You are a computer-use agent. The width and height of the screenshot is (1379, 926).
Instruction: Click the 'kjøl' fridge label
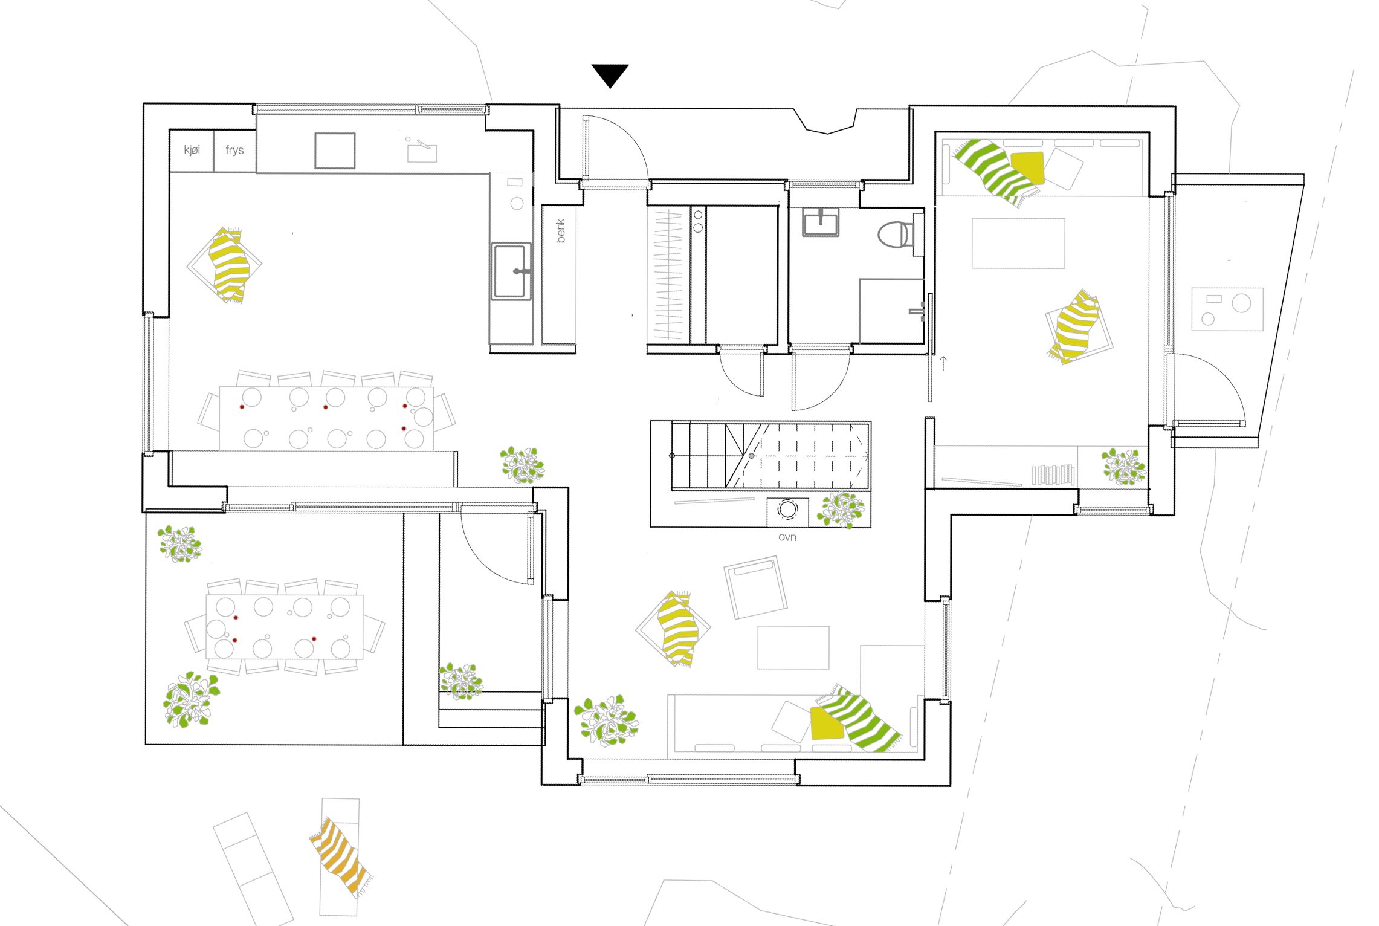pyautogui.click(x=192, y=150)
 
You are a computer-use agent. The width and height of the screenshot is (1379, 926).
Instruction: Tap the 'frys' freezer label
pyautogui.click(x=234, y=150)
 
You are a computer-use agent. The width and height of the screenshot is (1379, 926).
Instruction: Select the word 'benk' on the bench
pyautogui.click(x=561, y=230)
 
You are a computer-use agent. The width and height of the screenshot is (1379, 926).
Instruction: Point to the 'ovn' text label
pyautogui.click(x=787, y=537)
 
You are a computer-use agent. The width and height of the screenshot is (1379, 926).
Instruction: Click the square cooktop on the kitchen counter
pyautogui.click(x=334, y=151)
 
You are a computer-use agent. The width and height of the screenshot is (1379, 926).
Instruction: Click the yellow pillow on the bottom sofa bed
pyautogui.click(x=827, y=723)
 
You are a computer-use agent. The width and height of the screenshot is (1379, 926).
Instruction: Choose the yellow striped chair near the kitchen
pyautogui.click(x=229, y=265)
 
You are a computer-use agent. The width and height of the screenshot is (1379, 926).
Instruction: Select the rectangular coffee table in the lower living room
pyautogui.click(x=793, y=647)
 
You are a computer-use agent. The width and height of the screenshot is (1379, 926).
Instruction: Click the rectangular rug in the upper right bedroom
pyautogui.click(x=1018, y=243)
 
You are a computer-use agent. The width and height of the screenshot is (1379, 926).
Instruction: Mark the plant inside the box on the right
pyautogui.click(x=1124, y=467)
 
